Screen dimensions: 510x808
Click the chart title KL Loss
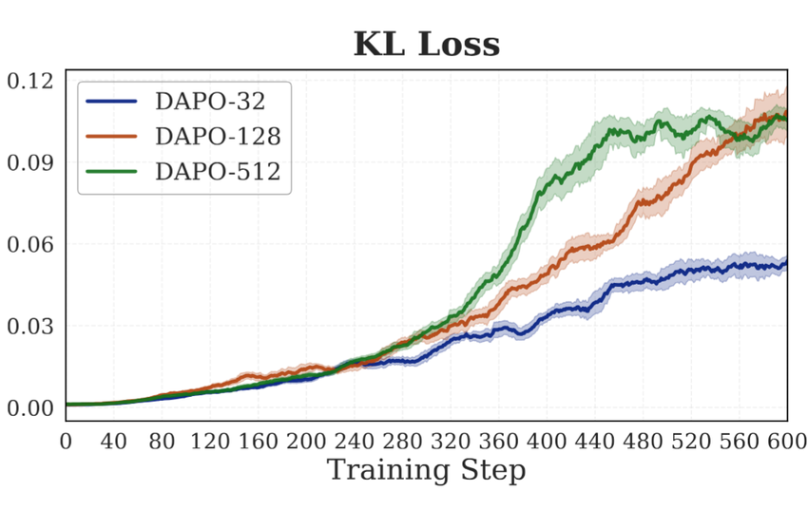[426, 44]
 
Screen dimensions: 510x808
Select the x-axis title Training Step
[426, 469]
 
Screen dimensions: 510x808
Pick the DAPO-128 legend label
[218, 137]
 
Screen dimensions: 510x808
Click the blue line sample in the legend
[112, 102]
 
